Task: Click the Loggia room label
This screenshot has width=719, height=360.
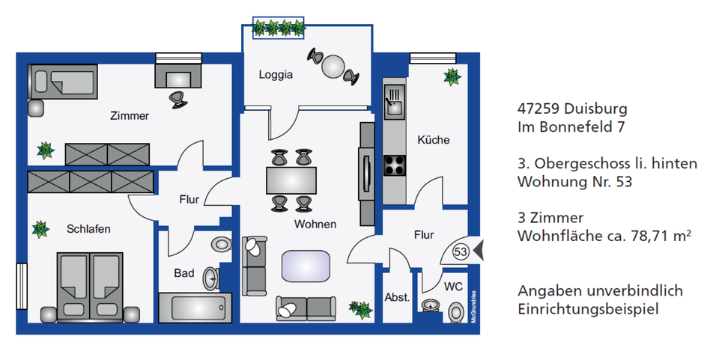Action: point(275,75)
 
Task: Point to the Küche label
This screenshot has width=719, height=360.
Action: point(433,140)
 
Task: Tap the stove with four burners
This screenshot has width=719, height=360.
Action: point(395,164)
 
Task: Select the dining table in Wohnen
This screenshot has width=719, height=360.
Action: point(291,181)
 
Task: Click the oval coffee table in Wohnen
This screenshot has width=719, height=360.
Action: point(305,266)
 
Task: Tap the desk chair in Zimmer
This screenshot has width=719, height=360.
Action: point(178,97)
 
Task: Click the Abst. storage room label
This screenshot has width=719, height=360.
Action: point(397,297)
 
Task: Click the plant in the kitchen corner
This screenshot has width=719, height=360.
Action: point(452,76)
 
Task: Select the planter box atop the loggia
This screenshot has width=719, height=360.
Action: point(279,28)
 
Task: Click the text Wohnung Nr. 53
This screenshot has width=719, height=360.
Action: point(569,181)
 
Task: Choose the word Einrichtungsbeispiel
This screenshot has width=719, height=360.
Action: point(589,308)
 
